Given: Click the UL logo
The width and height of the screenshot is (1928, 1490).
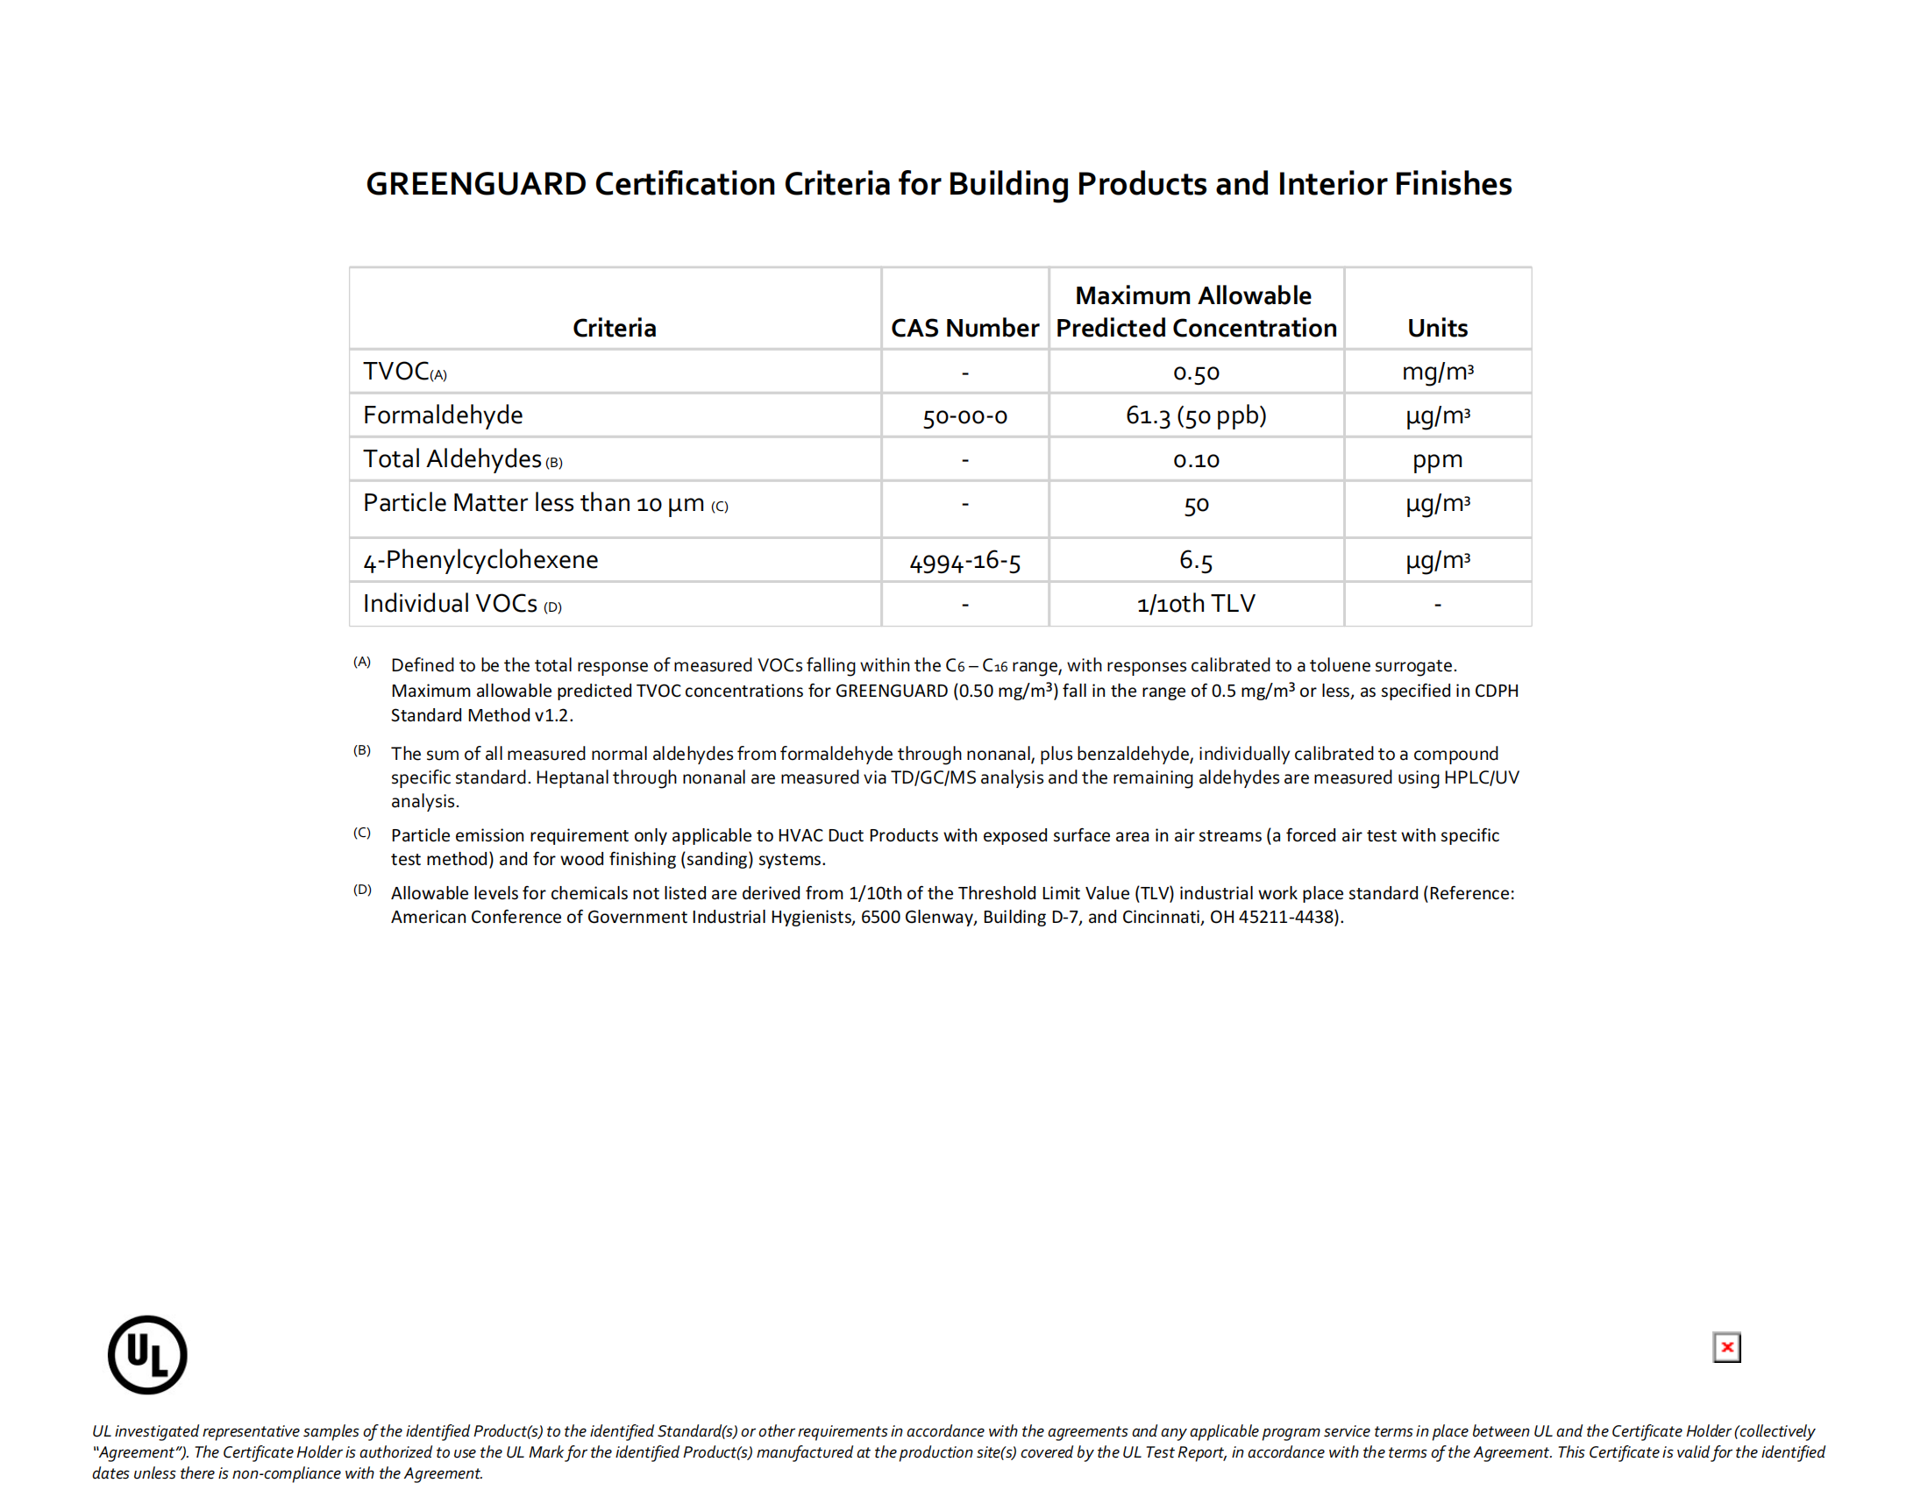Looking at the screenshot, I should coord(147,1354).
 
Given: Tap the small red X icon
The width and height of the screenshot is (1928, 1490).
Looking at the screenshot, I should coord(1725,1347).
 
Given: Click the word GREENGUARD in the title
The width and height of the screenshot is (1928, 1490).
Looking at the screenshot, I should coord(476,183).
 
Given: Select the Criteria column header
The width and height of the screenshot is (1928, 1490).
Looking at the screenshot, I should coord(614,328).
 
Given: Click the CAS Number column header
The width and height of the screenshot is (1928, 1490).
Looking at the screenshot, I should coord(964,328).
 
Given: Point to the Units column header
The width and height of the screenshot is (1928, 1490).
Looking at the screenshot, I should coord(1436,328).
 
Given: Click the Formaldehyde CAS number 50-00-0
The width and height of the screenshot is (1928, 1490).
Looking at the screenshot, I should coord(964,415).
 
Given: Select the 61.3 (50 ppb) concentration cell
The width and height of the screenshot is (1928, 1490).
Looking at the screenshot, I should coord(1195,415).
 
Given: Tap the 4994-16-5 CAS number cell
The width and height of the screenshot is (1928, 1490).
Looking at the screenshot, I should coord(964,562).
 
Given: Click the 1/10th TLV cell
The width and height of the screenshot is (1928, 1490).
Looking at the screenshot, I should coord(1195,604).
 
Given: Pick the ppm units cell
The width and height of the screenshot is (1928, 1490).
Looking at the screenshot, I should coord(1436,459).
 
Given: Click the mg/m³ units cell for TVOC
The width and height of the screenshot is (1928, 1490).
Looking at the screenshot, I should coord(1436,372).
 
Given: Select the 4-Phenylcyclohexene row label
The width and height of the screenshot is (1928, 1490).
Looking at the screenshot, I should coord(480,560).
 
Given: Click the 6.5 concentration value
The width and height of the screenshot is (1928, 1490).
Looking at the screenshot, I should coord(1195,561).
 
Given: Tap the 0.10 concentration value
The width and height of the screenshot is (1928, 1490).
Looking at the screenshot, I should coord(1195,460).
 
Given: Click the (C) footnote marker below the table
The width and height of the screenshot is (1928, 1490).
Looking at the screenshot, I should coord(362,833).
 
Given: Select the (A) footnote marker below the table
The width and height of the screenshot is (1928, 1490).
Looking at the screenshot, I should coord(362,662).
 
